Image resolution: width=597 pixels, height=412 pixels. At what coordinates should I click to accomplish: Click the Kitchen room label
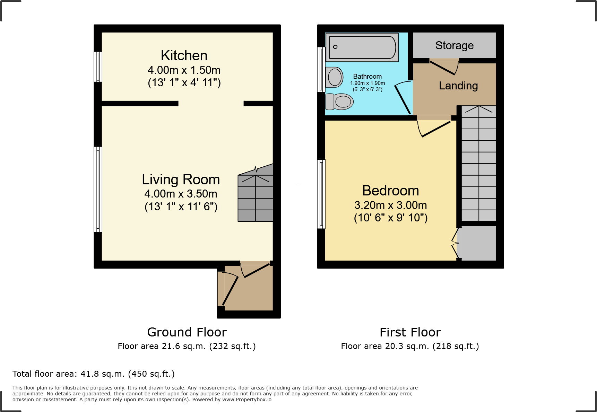pos(184,55)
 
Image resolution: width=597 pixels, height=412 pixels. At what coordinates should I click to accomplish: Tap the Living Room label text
pos(181,179)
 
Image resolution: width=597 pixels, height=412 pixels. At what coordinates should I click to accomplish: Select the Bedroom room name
pos(390,191)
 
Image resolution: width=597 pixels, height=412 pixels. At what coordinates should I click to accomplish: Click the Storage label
pos(454,45)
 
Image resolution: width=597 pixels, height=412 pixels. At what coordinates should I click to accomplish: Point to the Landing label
pos(458,86)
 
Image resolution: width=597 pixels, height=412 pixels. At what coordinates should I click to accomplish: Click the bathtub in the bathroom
pos(362,47)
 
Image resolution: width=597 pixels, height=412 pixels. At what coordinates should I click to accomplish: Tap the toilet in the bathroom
pos(339,102)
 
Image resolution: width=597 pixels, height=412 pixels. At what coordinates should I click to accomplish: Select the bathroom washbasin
pos(334,77)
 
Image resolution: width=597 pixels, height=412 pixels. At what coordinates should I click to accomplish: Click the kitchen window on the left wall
pos(98,67)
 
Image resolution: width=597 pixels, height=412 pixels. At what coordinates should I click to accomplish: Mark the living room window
pos(98,189)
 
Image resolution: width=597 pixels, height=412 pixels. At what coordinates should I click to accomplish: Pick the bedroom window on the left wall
pos(321,194)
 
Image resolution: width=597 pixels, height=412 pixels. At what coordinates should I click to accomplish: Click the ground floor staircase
pos(256,198)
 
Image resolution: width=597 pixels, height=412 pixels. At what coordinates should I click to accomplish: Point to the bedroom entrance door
pos(435,128)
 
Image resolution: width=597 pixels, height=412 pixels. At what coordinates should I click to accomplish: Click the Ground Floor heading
pos(187,332)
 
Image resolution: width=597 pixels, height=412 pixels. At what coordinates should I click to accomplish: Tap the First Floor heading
pos(410,332)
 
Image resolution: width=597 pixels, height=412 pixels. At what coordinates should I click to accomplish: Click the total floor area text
pos(94,374)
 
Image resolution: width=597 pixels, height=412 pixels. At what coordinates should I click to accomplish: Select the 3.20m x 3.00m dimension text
pos(390,205)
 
